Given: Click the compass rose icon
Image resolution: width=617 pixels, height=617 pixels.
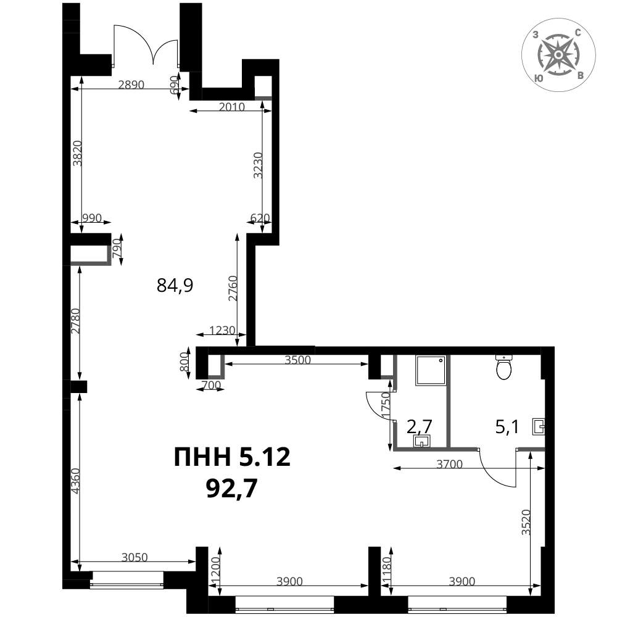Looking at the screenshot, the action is [558, 55].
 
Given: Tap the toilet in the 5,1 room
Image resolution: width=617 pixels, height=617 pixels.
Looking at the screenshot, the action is [504, 366].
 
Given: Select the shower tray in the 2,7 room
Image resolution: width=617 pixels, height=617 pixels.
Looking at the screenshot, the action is [431, 370].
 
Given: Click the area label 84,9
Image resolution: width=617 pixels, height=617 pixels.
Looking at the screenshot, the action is [175, 285].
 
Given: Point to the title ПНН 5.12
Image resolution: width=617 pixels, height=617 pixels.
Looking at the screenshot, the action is [232, 457].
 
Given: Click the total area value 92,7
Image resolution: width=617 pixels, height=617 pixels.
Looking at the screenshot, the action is [232, 488].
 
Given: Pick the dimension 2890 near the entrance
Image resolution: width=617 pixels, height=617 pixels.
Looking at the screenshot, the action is [131, 85].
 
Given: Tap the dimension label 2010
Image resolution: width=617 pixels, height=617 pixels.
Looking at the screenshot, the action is [232, 107].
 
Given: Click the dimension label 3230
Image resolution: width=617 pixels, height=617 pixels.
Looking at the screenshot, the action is [258, 165].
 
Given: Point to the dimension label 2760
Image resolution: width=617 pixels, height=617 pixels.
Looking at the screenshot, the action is [233, 288].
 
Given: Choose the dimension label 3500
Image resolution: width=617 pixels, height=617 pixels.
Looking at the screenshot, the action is [297, 360].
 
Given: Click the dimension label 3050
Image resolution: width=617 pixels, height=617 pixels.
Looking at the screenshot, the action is [135, 557].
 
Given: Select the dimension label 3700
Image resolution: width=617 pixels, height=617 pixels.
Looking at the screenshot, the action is [449, 465].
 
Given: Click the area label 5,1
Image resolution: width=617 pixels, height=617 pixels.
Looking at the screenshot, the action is [507, 426].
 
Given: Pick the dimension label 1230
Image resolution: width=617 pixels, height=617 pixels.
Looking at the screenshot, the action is [222, 330].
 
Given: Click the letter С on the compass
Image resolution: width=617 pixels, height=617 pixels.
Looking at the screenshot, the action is [578, 33].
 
